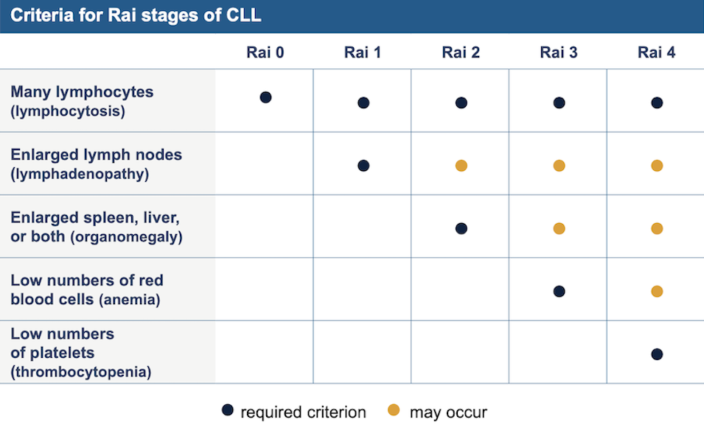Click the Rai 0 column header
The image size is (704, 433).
click(265, 52)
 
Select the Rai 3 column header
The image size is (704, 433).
click(559, 52)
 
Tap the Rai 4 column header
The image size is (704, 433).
click(656, 52)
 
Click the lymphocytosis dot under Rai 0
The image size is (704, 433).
click(266, 97)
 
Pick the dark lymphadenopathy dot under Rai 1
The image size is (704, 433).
click(363, 166)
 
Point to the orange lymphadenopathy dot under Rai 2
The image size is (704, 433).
click(461, 166)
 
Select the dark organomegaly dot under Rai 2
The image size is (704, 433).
click(461, 228)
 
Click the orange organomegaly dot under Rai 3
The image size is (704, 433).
click(559, 228)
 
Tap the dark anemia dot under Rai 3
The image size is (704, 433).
click(559, 291)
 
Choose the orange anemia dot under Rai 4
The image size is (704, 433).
click(657, 291)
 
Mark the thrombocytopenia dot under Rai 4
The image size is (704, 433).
click(657, 354)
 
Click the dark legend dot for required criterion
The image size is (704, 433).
click(228, 409)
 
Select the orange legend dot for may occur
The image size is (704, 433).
click(394, 409)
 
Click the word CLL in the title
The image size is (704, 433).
click(243, 15)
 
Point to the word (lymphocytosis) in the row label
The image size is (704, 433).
click(68, 111)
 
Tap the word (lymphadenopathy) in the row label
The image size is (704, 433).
click(80, 174)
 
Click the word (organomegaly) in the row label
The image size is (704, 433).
click(126, 236)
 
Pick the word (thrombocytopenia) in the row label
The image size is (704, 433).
click(81, 372)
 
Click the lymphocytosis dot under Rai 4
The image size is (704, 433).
click(657, 103)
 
